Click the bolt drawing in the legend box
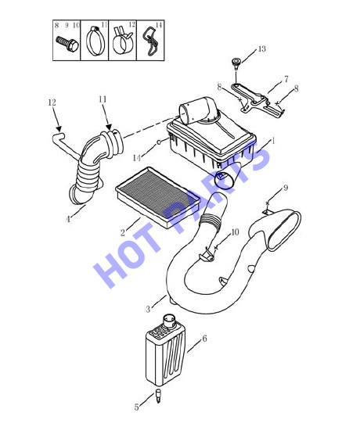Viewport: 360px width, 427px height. pos(67,44)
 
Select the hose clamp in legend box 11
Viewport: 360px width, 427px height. pos(95,41)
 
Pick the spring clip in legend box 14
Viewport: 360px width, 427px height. pos(150,41)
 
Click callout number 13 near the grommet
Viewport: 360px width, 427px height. pos(261,49)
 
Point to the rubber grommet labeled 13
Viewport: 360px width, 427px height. pos(236,63)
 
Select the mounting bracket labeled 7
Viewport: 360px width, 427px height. pos(257,102)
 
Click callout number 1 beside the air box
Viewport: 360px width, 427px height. pos(273,141)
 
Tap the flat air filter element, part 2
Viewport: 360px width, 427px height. pos(158,197)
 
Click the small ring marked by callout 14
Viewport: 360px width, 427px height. pos(158,142)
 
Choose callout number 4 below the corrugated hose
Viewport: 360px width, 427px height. pos(68,219)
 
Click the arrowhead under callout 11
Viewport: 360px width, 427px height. pos(109,127)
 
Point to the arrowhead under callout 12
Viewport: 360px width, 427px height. pos(59,128)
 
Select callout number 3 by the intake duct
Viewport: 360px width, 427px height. pos(148,309)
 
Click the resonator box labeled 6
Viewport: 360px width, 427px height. pos(165,350)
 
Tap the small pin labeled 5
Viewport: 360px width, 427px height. pos(158,396)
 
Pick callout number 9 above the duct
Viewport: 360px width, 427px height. pos(286,188)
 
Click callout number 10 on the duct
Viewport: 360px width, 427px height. pos(235,232)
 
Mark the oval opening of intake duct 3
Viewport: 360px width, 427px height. pos(285,231)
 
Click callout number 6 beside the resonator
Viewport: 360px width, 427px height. pos(205,339)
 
